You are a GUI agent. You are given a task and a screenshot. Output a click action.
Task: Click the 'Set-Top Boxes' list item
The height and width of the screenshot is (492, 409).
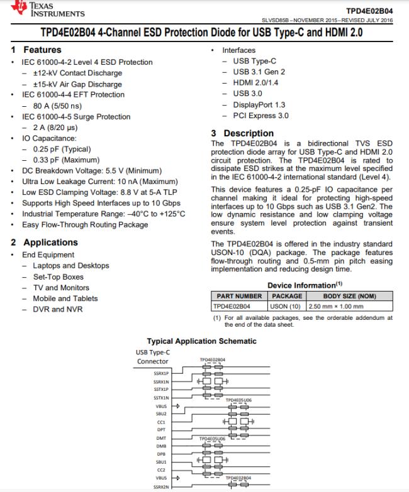coord(58,276)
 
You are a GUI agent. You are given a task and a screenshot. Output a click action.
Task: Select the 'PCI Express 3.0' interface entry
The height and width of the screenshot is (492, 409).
coord(261,116)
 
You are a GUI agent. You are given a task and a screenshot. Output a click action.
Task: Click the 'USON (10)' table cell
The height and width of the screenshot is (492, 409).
coord(287,306)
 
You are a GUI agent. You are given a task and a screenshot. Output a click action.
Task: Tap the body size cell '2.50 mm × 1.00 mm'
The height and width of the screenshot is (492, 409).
coord(340,306)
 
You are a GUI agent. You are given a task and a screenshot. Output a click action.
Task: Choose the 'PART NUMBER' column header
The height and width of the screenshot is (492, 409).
coord(239,295)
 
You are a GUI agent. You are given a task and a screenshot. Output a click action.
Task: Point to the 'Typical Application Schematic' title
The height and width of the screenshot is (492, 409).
coord(201,341)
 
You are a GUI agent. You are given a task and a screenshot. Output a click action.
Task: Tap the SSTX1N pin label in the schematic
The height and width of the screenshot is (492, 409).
coord(162,398)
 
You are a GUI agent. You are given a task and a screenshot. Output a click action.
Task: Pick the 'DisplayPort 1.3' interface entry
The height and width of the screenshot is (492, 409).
coord(259,105)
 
